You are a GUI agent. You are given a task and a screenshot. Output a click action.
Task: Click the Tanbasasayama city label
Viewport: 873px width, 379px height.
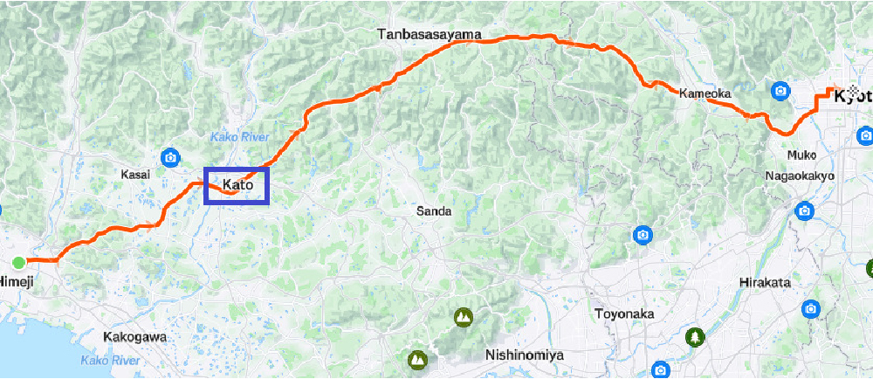[430, 35]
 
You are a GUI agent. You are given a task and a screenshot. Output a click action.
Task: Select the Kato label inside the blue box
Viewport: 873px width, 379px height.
[237, 185]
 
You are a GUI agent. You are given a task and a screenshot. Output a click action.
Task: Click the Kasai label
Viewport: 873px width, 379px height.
[135, 175]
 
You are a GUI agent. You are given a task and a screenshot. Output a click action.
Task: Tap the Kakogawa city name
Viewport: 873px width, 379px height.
[134, 336]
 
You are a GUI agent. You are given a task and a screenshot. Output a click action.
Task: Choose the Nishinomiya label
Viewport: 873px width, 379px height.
[525, 355]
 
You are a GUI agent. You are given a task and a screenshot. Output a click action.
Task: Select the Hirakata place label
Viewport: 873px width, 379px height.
[765, 283]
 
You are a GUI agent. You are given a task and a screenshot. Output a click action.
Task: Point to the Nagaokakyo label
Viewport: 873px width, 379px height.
[800, 176]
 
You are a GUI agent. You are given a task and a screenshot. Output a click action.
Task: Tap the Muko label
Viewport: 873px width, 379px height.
[801, 155]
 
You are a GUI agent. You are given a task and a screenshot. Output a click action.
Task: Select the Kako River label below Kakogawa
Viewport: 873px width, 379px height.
[110, 360]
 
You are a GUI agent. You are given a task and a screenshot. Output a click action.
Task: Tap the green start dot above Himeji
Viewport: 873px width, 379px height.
[18, 262]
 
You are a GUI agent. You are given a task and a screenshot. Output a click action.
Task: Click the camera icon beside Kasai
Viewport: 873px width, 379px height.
[170, 158]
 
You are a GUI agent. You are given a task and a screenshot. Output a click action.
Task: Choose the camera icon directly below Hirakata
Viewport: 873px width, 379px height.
[811, 309]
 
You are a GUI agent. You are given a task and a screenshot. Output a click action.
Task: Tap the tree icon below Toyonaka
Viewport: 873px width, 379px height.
[695, 336]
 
